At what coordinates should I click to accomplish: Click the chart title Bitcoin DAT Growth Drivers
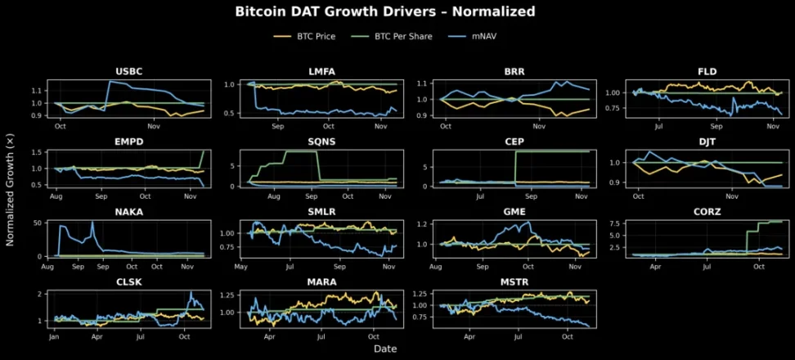[x=385, y=11]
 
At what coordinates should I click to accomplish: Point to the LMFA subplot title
[x=318, y=71]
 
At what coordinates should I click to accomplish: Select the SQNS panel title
[x=318, y=142]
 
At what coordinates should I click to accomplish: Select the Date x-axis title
[x=385, y=349]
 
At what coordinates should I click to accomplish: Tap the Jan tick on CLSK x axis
[x=54, y=335]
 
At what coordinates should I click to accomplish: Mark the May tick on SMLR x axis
[x=240, y=265]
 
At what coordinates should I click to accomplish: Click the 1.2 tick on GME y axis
[x=424, y=223]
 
